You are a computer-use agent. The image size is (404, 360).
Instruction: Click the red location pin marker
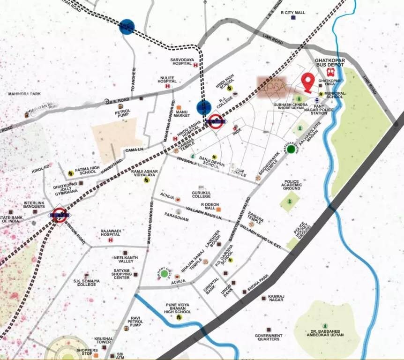[x=307, y=82]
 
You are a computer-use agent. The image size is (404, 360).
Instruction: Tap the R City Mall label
[x=293, y=13]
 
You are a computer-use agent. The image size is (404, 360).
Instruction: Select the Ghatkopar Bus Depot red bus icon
[x=330, y=72]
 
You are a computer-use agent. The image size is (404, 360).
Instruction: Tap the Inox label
[x=237, y=130]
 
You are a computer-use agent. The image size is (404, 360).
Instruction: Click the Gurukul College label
[x=201, y=195]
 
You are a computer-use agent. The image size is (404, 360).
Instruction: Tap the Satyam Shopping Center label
[x=121, y=274]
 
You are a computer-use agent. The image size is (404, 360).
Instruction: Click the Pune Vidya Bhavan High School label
[x=178, y=308]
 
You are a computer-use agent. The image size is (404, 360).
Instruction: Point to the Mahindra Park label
[x=24, y=94]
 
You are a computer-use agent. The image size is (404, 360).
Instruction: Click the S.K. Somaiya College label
[x=87, y=283]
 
